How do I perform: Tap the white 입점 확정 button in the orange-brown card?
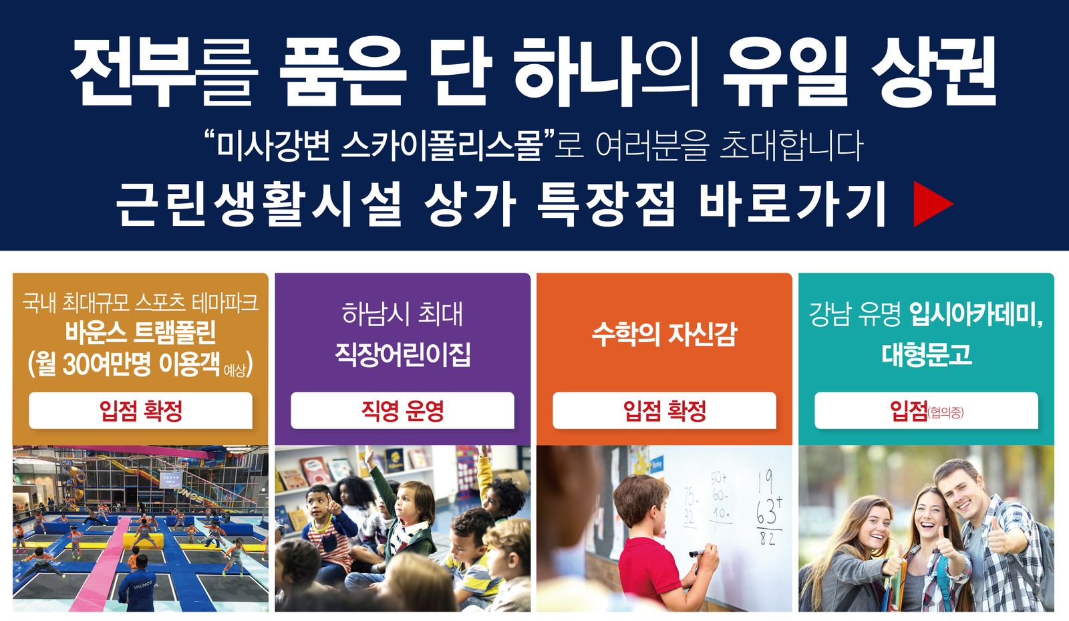[x=141, y=410]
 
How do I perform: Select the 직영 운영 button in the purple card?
[x=402, y=410]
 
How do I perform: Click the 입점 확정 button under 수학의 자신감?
[x=664, y=410]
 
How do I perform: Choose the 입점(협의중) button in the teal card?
[x=926, y=410]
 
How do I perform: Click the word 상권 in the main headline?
[x=934, y=72]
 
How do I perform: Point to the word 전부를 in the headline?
[x=163, y=72]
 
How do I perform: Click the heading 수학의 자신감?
[x=664, y=334]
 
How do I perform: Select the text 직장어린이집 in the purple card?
[x=403, y=354]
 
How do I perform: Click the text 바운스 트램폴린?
[x=141, y=333]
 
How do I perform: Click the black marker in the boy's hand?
[x=698, y=553]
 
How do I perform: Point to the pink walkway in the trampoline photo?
[x=103, y=564]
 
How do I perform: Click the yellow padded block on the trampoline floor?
[x=143, y=540]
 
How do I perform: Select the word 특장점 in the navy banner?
[x=606, y=204]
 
